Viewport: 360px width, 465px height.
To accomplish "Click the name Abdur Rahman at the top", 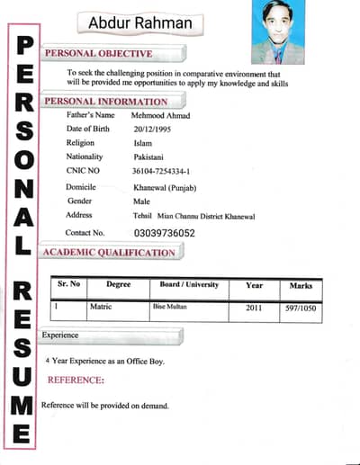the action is click(139, 24).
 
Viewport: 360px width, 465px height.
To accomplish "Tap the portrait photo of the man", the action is click(278, 31).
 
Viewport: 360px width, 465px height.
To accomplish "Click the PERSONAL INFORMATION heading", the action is click(106, 102).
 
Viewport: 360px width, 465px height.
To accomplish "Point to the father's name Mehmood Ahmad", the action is click(166, 115).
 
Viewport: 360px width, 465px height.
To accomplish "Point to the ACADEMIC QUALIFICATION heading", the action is click(110, 253).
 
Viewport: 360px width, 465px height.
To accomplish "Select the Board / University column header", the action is click(189, 285).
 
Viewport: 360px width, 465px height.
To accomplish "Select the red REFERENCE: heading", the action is click(76, 380).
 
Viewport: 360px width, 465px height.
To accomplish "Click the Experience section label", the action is click(60, 335).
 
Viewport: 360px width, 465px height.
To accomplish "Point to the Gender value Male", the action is click(140, 201).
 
